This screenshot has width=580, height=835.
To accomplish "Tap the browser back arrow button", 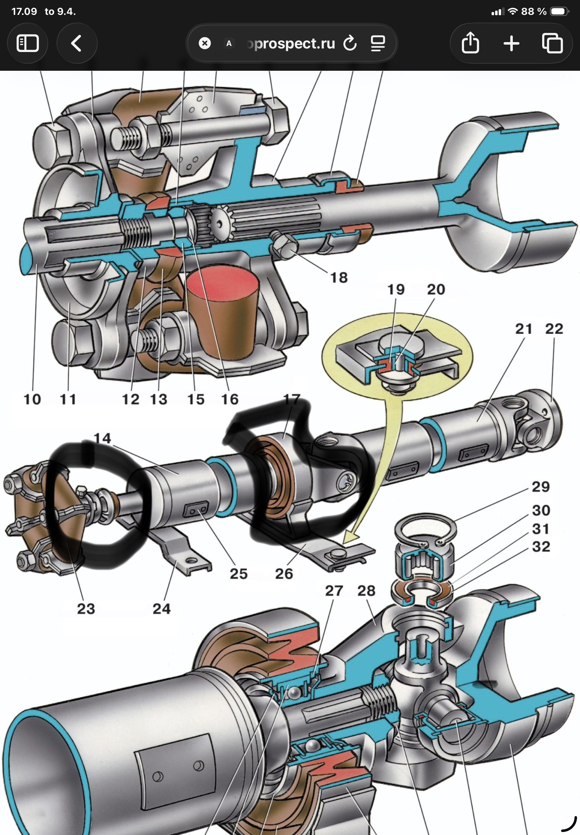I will [x=77, y=44].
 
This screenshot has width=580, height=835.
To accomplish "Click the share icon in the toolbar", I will [x=470, y=43].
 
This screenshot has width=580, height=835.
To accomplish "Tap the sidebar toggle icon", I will [x=28, y=44].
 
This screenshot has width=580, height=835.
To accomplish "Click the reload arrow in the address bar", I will [x=350, y=44].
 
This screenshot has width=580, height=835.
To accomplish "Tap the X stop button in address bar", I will [x=205, y=44].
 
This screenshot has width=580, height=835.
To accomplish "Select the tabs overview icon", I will [x=552, y=44].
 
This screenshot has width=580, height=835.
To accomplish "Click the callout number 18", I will [x=339, y=278].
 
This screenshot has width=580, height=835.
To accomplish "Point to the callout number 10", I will [x=32, y=399].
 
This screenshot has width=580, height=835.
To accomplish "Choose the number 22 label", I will [x=554, y=329].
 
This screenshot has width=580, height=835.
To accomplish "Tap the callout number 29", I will [x=541, y=487].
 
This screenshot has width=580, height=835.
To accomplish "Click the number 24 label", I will [x=162, y=609].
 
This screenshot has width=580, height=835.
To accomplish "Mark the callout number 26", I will [x=284, y=574].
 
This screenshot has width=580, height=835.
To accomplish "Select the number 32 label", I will [x=541, y=547].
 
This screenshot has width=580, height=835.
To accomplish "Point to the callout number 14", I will [x=102, y=438].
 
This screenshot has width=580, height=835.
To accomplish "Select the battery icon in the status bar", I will [x=559, y=12].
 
